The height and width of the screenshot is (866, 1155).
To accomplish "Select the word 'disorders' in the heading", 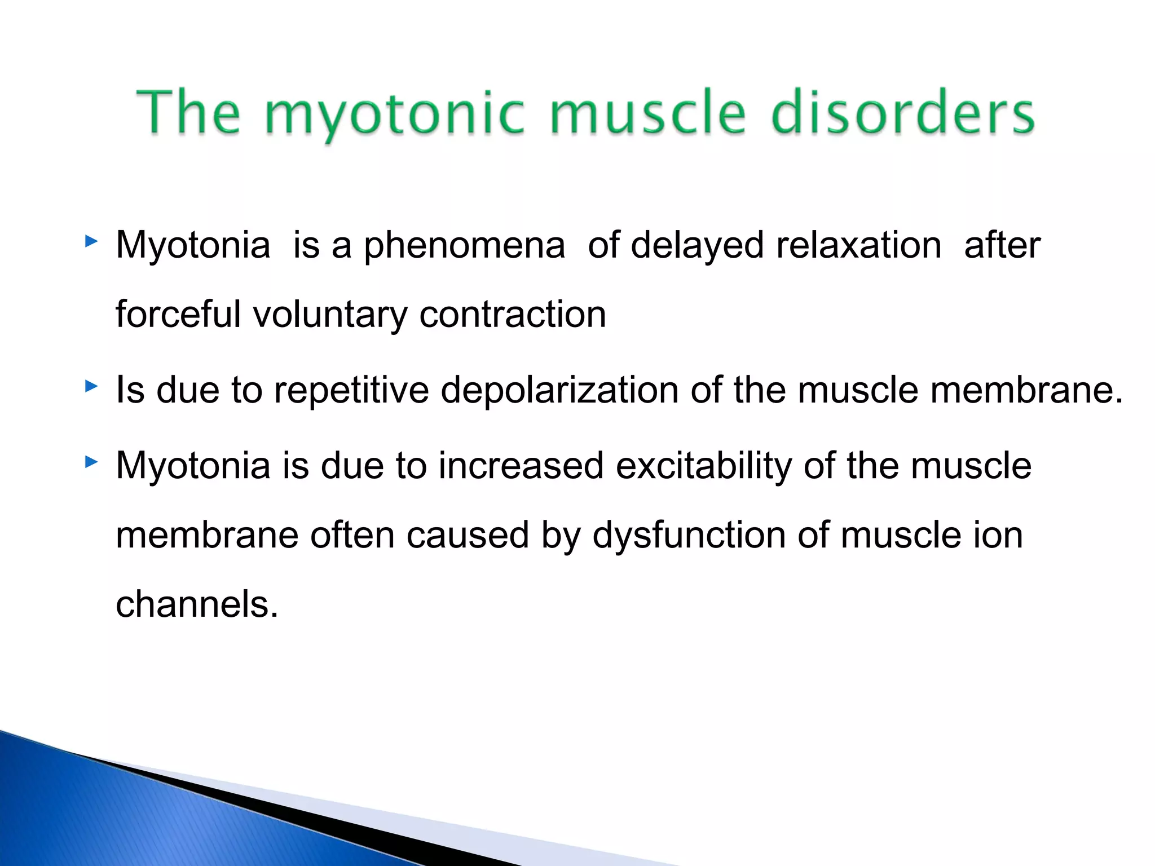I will click(x=902, y=113).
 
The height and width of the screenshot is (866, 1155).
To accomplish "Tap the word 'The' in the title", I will click(x=189, y=113).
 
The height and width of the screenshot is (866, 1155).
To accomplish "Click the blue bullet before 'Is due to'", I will click(x=91, y=387).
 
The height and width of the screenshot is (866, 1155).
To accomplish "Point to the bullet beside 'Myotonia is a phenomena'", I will click(x=91, y=242).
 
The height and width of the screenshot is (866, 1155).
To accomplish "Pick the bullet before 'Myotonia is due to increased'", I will click(x=91, y=463).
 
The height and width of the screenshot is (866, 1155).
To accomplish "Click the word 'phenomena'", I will click(x=464, y=246).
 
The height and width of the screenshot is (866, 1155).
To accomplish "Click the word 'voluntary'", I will click(x=330, y=316).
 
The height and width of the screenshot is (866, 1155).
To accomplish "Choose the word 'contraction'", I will click(x=513, y=315).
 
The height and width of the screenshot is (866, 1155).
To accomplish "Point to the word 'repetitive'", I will click(x=351, y=391).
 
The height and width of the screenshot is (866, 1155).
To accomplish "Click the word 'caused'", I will click(x=468, y=536).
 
